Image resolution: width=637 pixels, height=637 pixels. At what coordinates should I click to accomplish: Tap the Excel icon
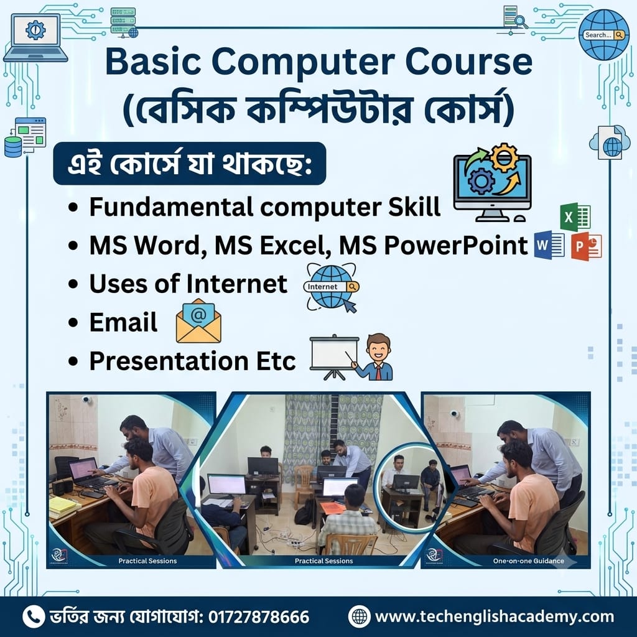coord(575,217)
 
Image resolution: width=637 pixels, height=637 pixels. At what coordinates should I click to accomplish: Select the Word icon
coord(549,245)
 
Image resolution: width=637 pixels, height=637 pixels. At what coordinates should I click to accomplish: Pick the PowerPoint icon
coord(586,246)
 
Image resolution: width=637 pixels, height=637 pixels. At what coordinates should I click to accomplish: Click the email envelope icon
coord(198,320)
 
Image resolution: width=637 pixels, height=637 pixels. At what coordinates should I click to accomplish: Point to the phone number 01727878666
coord(259,616)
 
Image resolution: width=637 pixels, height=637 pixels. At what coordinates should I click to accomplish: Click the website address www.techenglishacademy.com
coord(495,616)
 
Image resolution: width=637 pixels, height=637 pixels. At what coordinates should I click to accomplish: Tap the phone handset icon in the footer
coord(34,616)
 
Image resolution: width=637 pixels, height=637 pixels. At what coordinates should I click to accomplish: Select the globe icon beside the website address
coord(359,616)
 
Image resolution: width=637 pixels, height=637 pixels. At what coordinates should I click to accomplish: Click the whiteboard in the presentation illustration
coord(334,353)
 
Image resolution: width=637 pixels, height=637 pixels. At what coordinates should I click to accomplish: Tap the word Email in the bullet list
coord(123,322)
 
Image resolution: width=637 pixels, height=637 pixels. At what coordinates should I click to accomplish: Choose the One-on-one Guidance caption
coord(529,561)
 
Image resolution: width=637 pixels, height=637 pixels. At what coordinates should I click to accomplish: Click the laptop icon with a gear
coord(35,37)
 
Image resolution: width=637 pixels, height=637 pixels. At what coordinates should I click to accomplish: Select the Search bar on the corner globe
coord(603,35)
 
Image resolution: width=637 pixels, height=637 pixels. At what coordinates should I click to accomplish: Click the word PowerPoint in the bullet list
coord(456,245)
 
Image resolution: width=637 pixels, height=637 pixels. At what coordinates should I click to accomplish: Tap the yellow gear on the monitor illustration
coord(504,157)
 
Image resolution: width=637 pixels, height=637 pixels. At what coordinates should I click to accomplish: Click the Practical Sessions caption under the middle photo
coord(323,561)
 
